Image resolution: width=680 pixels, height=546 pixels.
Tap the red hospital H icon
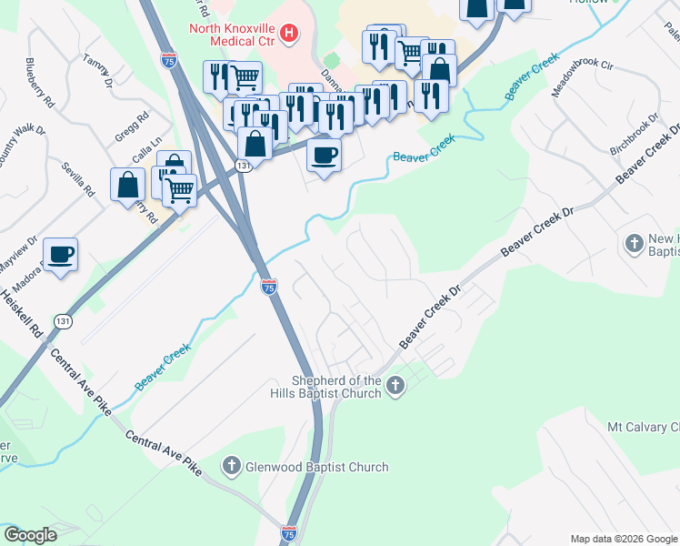click(x=289, y=35)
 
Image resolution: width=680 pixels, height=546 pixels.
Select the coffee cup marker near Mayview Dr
click(x=60, y=254)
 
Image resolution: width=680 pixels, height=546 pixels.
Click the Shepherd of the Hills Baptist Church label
click(x=335, y=387)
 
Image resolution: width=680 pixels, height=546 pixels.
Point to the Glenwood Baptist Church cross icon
click(x=232, y=467)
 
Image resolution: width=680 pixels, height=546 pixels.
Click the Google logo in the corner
click(x=30, y=535)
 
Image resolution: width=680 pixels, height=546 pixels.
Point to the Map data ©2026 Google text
click(x=623, y=539)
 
